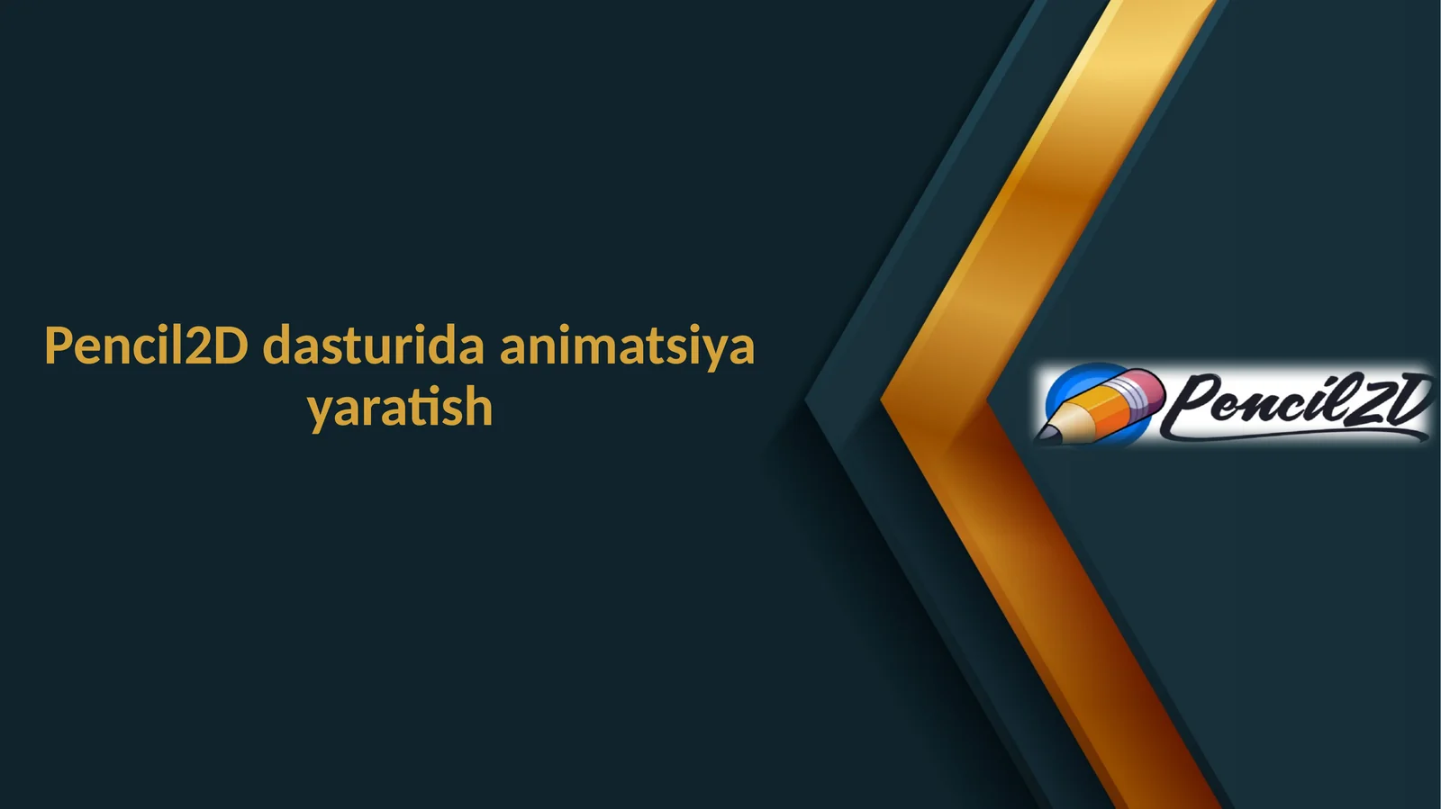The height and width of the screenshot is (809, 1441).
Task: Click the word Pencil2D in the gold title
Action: point(146,346)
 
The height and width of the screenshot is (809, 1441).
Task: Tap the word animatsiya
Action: point(627,346)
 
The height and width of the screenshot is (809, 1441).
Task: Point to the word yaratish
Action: point(400,408)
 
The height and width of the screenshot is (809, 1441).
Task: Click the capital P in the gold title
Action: point(58,346)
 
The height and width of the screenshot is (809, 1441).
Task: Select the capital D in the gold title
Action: point(231,346)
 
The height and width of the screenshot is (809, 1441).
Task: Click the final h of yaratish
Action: point(479,407)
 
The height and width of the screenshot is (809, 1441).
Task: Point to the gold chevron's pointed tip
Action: point(886,401)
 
